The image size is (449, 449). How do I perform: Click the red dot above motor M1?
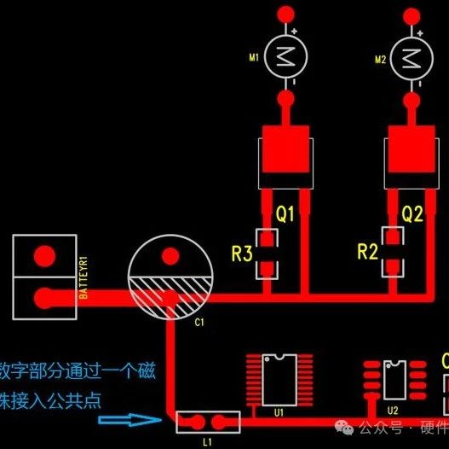[286, 14]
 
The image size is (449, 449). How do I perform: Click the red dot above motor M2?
[412, 14]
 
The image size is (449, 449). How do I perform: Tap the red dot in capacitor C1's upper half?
[170, 256]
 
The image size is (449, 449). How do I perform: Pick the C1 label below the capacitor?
[199, 323]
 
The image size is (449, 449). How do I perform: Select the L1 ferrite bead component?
[208, 421]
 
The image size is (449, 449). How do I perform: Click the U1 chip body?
[279, 380]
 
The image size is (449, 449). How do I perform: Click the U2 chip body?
[394, 379]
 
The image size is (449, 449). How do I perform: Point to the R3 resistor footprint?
[268, 252]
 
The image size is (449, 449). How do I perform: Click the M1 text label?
[254, 58]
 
